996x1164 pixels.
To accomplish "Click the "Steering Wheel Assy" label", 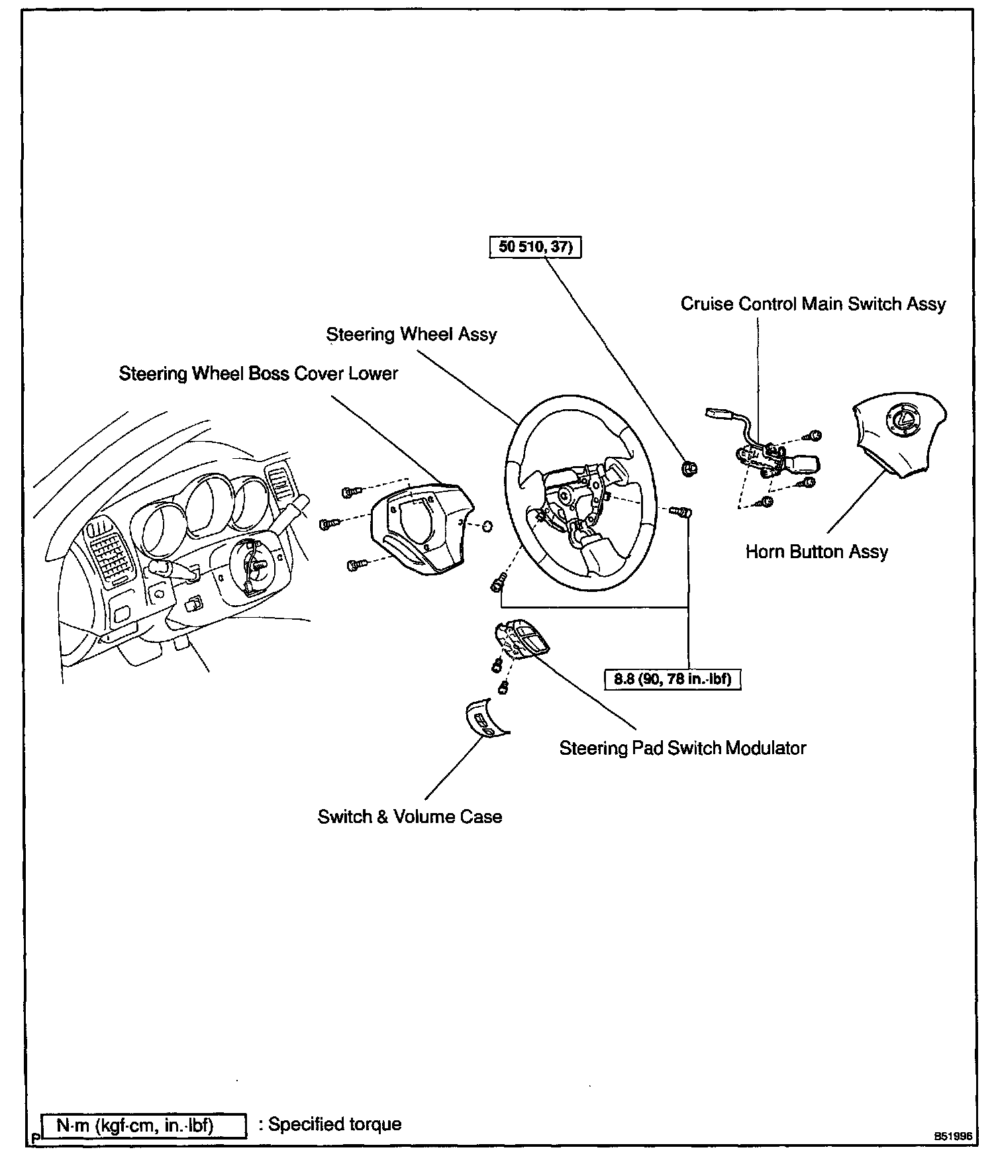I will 411,334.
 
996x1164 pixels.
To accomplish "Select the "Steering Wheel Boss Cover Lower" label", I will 258,374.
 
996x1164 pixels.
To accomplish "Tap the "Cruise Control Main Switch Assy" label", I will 813,304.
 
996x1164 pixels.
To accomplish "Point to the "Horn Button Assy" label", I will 817,552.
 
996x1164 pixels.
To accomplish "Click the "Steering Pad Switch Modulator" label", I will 683,748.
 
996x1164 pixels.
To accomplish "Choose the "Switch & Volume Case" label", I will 410,816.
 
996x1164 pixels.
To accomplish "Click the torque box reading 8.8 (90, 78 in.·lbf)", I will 672,679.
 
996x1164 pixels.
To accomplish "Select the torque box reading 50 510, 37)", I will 535,247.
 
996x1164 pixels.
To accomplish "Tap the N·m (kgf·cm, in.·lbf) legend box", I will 144,1125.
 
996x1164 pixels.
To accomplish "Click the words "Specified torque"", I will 334,1124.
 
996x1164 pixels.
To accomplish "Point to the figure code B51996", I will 953,1136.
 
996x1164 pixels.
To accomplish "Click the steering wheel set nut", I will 689,469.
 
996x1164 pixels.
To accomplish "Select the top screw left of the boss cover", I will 350,491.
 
